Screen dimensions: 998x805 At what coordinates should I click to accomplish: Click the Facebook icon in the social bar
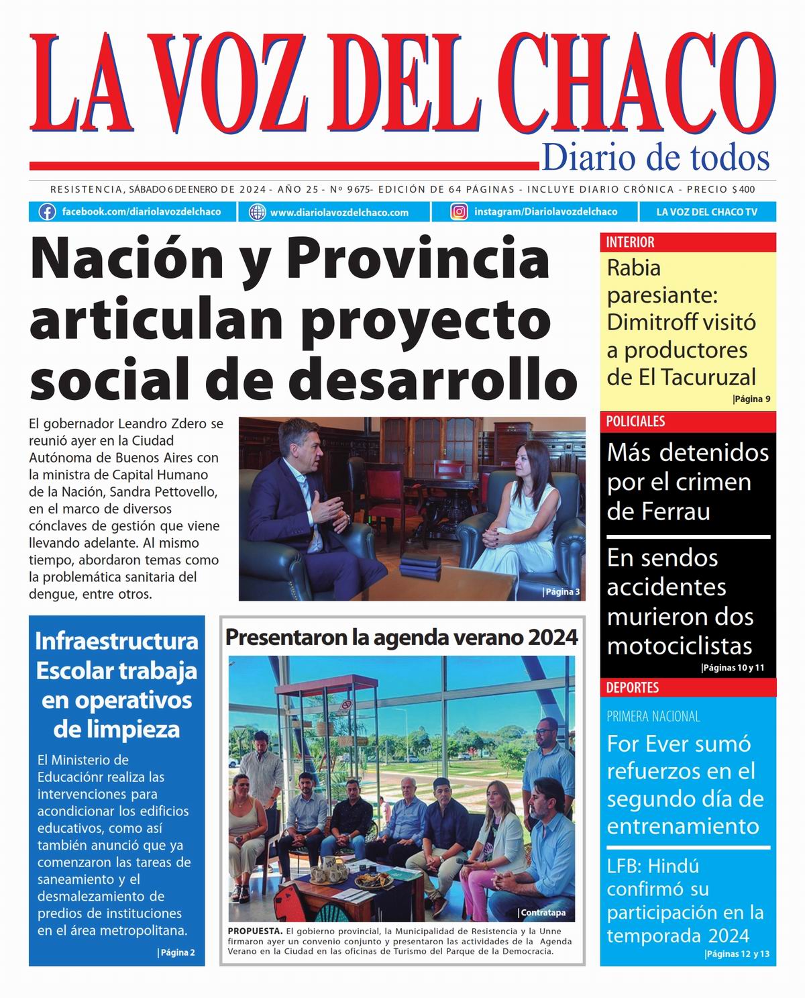tap(47, 212)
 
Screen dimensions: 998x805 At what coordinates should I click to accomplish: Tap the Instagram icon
tap(459, 212)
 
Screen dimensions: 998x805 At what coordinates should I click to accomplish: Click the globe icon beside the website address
tap(257, 212)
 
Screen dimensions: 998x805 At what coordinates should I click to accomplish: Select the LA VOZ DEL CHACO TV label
tap(706, 212)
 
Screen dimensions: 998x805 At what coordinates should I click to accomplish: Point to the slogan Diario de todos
tap(655, 158)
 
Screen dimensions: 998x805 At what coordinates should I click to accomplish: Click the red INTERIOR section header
tap(630, 242)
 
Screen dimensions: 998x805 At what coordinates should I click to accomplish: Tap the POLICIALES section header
tap(635, 421)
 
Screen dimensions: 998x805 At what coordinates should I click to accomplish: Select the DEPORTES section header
tap(633, 687)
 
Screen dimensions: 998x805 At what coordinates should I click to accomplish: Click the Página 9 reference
tap(751, 399)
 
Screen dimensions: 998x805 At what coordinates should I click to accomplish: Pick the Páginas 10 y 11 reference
tap(733, 668)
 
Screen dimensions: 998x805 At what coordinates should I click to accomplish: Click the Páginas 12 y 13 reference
tap(737, 954)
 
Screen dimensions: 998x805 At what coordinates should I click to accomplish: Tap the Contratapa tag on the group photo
tap(542, 913)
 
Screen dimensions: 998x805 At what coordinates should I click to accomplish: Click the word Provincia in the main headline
tap(419, 260)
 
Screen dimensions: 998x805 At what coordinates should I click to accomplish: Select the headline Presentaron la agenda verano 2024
tap(401, 637)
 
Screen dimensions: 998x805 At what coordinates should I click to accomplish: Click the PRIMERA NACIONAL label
tap(653, 717)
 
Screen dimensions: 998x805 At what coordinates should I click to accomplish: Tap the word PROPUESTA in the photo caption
tap(254, 932)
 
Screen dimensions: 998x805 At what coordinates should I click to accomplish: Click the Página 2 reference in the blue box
tap(176, 952)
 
